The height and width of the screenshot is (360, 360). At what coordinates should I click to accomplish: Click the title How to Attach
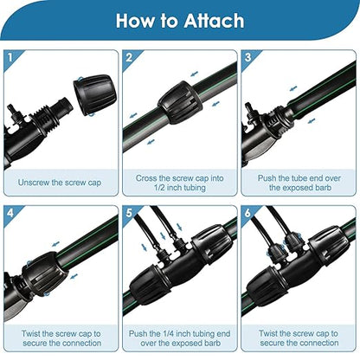coord(180,20)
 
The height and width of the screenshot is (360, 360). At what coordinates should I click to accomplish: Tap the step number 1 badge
coord(10,57)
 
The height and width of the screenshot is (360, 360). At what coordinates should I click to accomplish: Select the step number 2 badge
coord(129,57)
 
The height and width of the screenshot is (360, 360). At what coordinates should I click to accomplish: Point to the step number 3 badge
coord(247,57)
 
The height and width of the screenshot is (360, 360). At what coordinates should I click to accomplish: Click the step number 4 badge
coord(10,211)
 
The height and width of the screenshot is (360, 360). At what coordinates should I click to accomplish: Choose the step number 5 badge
coord(129,211)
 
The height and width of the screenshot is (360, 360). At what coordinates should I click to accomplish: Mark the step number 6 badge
coord(247,211)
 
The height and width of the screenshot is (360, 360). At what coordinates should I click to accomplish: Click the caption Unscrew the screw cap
coord(59,183)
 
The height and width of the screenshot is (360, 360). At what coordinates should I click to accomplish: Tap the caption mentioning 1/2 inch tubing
coord(179,183)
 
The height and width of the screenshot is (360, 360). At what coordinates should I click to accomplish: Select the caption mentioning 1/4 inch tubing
coord(179,337)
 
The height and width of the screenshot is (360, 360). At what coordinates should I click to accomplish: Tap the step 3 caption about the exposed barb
coord(299,183)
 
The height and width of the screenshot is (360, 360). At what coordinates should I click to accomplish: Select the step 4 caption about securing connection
coord(59,337)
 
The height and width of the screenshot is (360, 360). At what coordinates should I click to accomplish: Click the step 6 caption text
coord(299,337)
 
